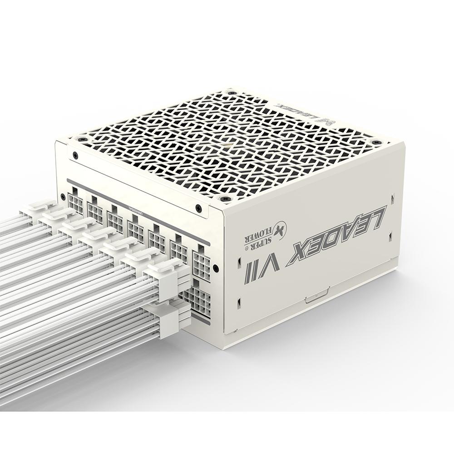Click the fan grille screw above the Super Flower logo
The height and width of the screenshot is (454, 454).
[224, 199]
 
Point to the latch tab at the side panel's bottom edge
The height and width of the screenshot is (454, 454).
[316, 298]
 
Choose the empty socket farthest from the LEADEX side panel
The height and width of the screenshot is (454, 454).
[75, 203]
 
